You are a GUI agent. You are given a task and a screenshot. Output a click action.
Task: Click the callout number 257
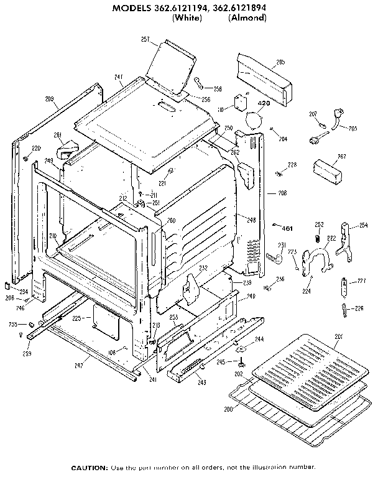click(x=145, y=40)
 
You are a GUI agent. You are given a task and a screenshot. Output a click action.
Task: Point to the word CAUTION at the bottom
click(x=90, y=467)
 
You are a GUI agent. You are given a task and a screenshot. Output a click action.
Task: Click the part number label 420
click(x=264, y=103)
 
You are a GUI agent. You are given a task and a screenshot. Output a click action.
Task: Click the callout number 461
click(x=287, y=227)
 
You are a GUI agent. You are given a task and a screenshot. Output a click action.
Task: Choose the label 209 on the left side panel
click(x=50, y=99)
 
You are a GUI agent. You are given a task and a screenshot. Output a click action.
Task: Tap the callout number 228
click(x=292, y=164)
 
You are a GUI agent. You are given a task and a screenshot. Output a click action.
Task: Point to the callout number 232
click(x=203, y=269)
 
